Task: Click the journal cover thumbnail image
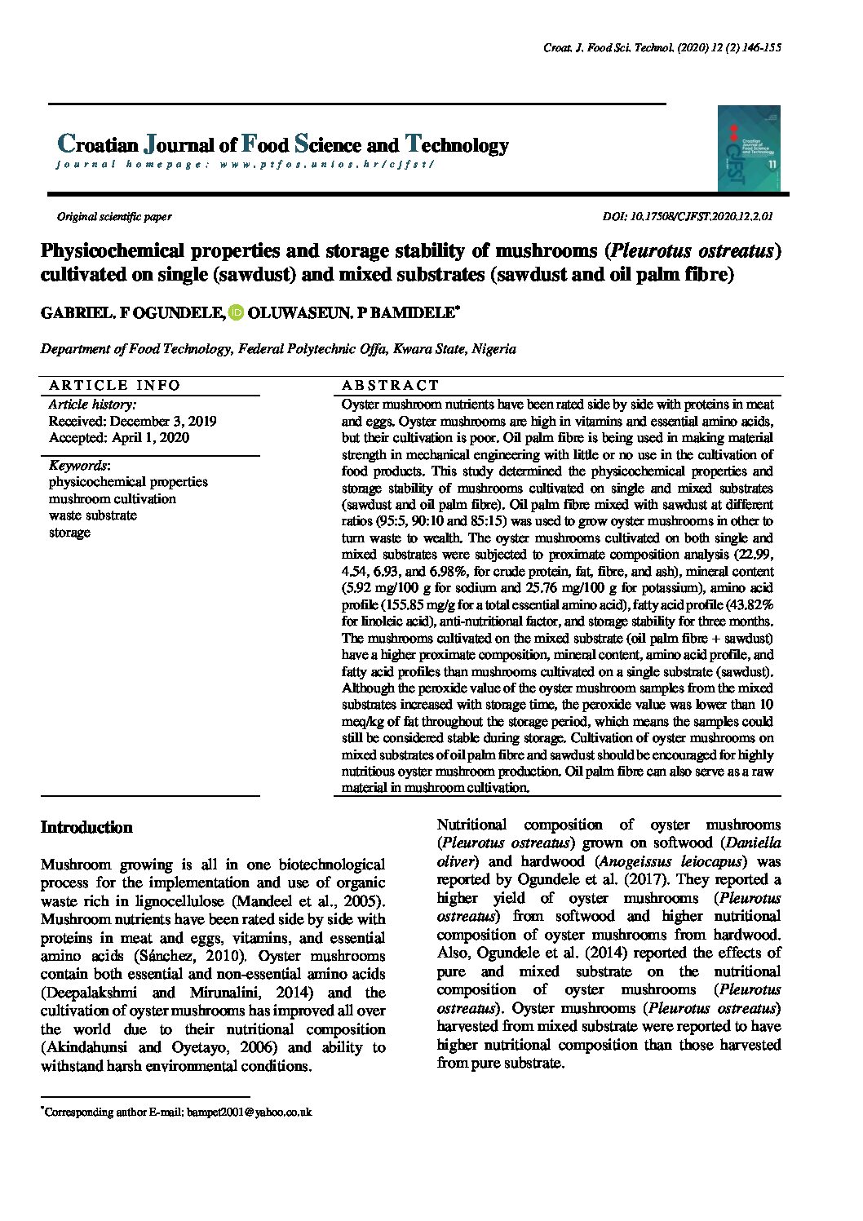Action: point(749,148)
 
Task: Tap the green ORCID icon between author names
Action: point(236,312)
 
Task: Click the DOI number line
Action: point(688,217)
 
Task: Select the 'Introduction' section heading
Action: point(86,827)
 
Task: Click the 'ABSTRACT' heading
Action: point(390,385)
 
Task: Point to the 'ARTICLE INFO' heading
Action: point(114,385)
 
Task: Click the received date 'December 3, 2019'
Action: point(162,421)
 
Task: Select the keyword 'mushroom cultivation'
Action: point(113,498)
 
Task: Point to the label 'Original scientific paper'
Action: point(114,217)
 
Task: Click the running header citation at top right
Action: point(662,48)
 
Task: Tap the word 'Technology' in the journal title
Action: point(457,145)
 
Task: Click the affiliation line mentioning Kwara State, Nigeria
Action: point(278,348)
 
